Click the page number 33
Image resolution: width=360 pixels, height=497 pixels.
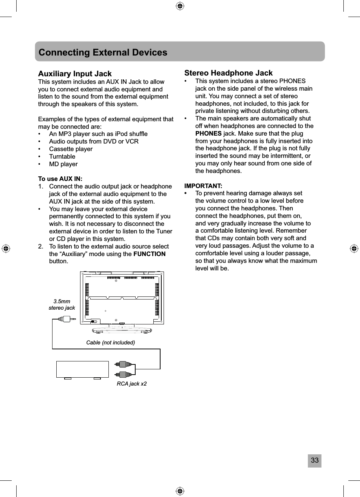pyautogui.click(x=314, y=460)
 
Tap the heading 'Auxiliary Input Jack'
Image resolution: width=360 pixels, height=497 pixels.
pyautogui.click(x=75, y=74)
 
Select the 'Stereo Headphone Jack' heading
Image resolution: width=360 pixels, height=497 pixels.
pyautogui.click(x=228, y=73)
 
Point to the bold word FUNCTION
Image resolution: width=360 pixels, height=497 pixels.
pyautogui.click(x=149, y=254)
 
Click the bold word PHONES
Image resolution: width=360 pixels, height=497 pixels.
pyautogui.click(x=208, y=133)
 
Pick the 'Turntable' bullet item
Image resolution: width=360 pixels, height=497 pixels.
pyautogui.click(x=62, y=156)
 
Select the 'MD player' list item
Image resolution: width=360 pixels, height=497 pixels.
pyautogui.click(x=63, y=164)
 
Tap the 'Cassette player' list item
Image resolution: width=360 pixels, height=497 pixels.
pyautogui.click(x=71, y=149)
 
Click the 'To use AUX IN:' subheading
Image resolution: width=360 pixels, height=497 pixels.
pyautogui.click(x=60, y=179)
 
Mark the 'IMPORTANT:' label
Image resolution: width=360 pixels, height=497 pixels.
pyautogui.click(x=203, y=186)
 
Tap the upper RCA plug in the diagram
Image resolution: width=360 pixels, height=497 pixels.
pyautogui.click(x=124, y=364)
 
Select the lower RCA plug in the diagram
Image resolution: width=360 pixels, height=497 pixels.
pyautogui.click(x=124, y=374)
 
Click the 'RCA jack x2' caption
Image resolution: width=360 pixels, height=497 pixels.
pyautogui.click(x=131, y=384)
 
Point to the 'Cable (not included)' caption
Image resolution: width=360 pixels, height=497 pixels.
pyautogui.click(x=110, y=343)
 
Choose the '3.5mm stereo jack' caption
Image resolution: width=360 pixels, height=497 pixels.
pyautogui.click(x=62, y=304)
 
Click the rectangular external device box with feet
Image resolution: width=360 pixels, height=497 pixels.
pyautogui.click(x=82, y=369)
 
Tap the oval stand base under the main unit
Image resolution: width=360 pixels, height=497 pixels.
pyautogui.click(x=122, y=331)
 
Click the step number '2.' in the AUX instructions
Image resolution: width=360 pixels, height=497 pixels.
pyautogui.click(x=41, y=246)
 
